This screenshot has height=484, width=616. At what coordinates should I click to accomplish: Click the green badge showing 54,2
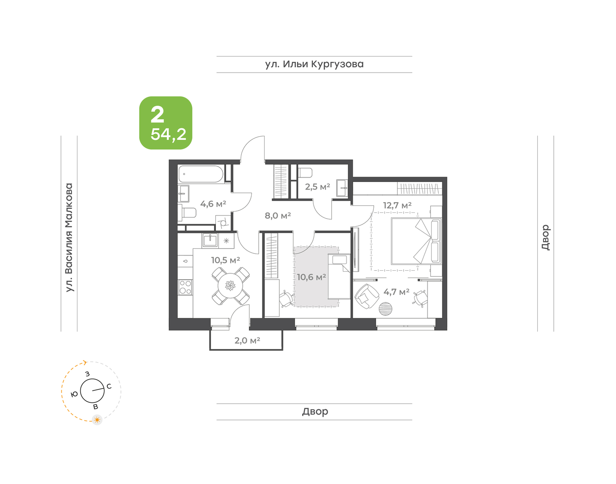pos(166,123)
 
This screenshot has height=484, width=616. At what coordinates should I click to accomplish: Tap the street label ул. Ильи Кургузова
pos(314,64)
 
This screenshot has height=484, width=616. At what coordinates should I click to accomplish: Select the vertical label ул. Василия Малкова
pos(69,238)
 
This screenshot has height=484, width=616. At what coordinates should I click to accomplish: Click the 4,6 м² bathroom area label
pos(213,204)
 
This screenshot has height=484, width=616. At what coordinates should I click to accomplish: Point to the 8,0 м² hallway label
pos(278,216)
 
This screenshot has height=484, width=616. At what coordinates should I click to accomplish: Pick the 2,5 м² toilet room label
pos(317,187)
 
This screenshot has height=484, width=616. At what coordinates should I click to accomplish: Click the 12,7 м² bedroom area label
pos(397,205)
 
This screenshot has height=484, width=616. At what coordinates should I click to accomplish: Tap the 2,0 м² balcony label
pos(247,341)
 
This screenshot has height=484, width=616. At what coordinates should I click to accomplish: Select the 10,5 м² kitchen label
pos(225,260)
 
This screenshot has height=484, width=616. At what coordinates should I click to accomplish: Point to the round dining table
pos(231,285)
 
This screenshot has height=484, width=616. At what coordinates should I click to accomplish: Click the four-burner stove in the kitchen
pos(185,287)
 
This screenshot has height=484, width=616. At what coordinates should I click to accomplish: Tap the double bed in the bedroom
pos(416,241)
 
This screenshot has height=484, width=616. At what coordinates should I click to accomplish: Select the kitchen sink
pos(210,241)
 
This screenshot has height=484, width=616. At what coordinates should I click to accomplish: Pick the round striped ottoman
pos(386,309)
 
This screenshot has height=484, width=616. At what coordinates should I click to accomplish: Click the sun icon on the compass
pos(97,419)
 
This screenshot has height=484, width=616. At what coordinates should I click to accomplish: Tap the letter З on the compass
pos(87,374)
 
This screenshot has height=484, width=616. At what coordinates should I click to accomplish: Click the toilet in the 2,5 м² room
pos(305,172)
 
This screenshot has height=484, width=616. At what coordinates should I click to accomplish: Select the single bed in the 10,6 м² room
pos(339,277)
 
